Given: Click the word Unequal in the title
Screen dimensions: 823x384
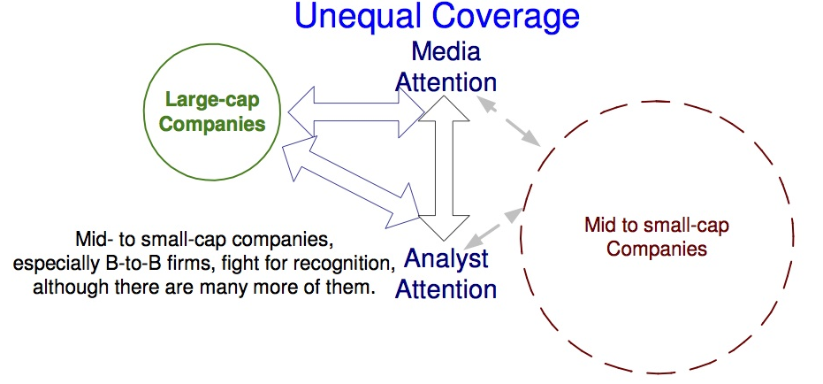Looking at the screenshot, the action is pyautogui.click(x=361, y=16).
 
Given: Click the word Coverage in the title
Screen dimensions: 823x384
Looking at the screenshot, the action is pyautogui.click(x=507, y=17).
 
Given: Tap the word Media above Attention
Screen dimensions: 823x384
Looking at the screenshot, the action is pyautogui.click(x=446, y=51).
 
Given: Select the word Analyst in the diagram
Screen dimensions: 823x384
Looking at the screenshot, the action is pyautogui.click(x=446, y=259).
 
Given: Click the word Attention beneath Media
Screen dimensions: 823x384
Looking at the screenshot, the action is pyautogui.click(x=446, y=82).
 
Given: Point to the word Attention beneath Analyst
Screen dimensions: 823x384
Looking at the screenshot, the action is pyautogui.click(x=446, y=289).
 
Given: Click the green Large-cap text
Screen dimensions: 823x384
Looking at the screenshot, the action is pyautogui.click(x=212, y=100).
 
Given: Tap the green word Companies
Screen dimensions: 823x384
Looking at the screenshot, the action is pyautogui.click(x=212, y=124).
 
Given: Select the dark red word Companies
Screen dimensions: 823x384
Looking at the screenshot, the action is pyautogui.click(x=657, y=249).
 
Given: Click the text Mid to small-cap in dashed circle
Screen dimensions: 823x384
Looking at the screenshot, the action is pyautogui.click(x=657, y=226).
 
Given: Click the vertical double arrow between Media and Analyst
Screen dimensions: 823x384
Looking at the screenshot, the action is pyautogui.click(x=444, y=168).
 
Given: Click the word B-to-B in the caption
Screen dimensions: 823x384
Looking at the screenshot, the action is pyautogui.click(x=125, y=265).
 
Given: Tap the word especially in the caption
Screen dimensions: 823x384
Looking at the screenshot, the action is pyautogui.click(x=53, y=265).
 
